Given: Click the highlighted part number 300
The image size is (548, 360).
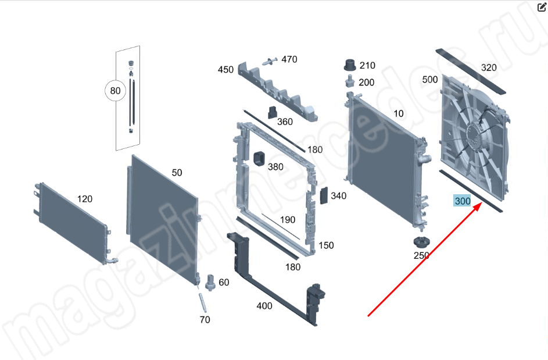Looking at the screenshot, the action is click(462, 201).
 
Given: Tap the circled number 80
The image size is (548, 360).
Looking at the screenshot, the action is click(115, 91).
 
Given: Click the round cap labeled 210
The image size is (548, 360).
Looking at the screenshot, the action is click(350, 65).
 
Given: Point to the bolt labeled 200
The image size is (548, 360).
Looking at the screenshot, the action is click(349, 81).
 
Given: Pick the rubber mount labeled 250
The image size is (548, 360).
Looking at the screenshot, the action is click(421, 242).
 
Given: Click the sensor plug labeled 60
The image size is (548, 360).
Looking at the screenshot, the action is click(210, 283).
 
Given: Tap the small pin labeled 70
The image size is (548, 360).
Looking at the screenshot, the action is click(203, 303).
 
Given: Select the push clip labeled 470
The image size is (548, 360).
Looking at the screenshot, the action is click(270, 61).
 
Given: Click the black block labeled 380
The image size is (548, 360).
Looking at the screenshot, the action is click(260, 159).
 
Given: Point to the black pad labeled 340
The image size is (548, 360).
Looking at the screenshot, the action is click(324, 195).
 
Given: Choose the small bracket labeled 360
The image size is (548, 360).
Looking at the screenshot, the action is click(272, 112).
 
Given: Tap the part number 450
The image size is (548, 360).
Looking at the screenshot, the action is click(225, 70).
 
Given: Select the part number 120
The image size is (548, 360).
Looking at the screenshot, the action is click(85, 199).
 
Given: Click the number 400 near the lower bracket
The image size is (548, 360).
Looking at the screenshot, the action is click(264, 306).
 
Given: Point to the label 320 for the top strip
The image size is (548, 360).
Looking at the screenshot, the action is click(489, 67).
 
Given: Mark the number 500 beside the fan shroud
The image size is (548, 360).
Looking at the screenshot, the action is click(430, 80).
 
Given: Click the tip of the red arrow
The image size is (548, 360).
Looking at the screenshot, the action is click(482, 204).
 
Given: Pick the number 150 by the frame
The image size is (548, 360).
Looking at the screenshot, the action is click(326, 245).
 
